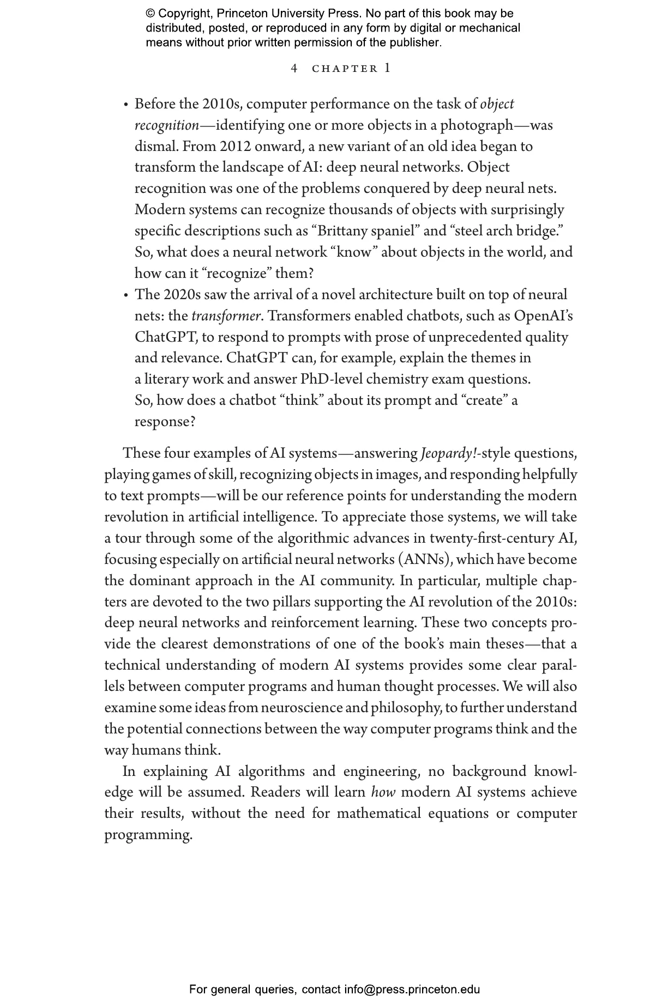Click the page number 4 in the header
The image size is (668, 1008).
[294, 68]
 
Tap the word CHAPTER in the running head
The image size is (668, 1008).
[345, 69]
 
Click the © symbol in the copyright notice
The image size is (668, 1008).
[151, 14]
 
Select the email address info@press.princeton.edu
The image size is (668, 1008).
[412, 989]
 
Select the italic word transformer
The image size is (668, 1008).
[226, 316]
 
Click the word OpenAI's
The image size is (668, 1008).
[543, 316]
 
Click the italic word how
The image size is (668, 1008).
[383, 792]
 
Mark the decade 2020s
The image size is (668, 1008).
[182, 295]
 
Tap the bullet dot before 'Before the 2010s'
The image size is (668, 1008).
[126, 105]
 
